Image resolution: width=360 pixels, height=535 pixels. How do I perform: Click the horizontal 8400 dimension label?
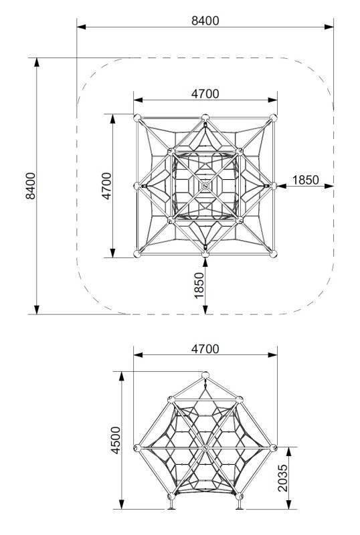coord(205,21)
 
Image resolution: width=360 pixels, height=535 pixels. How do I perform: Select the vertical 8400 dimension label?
coord(31,186)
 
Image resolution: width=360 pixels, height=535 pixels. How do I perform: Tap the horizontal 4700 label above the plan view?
coord(205,94)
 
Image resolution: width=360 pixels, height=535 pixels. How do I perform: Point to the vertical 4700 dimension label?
coord(106,186)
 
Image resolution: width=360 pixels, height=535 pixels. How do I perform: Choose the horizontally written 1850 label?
coord(306,180)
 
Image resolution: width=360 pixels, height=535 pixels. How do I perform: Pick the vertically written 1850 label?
coord(199,286)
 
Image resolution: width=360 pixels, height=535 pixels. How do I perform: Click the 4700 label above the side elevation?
coord(205,349)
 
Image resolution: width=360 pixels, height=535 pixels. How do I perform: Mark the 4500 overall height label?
coord(116,440)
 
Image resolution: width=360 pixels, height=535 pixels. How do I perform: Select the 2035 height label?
coord(283,477)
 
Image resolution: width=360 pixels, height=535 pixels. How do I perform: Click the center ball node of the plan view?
coord(205,186)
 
